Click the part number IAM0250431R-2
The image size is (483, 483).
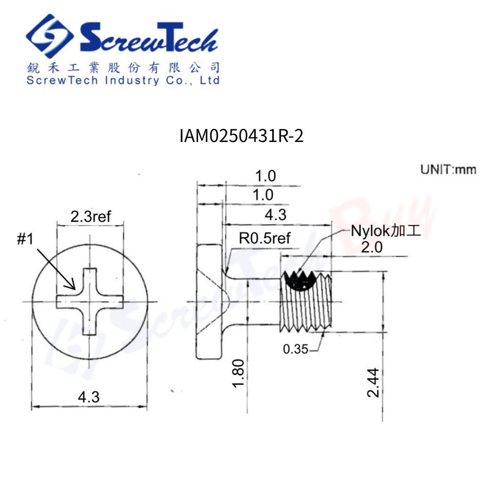coord(241,136)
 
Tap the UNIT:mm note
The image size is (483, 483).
coord(448,170)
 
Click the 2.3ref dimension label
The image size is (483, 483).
coord(91,216)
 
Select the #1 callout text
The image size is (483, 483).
coord(25,239)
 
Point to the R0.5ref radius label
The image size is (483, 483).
coord(265,238)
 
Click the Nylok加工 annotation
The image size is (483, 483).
coord(386,231)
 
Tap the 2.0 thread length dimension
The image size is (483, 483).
coord(372,247)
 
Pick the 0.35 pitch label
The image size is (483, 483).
coord(295,349)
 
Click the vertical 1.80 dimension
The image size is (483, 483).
coord(238,373)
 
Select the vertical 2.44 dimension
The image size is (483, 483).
coord(374,382)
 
